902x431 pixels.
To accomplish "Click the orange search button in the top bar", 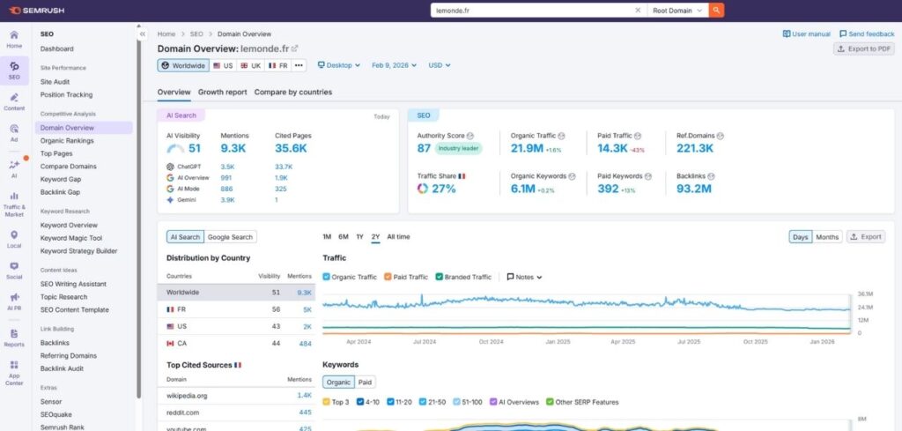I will click(x=717, y=11).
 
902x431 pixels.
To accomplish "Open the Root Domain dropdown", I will click(x=678, y=11).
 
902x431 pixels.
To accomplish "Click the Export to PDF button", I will click(x=864, y=48).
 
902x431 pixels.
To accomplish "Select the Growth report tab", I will click(x=222, y=92).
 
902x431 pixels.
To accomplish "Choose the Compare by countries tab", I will click(x=292, y=92).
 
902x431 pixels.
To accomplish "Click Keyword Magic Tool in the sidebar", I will click(x=71, y=238).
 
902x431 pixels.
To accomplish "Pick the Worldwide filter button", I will click(x=183, y=65).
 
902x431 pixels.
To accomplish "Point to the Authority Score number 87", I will click(x=424, y=149).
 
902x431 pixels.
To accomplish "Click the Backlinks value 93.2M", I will click(x=694, y=189).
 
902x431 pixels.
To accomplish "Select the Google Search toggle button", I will click(x=230, y=237).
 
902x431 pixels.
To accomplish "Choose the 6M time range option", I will click(x=343, y=237).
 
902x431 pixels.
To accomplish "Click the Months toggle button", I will click(x=827, y=237).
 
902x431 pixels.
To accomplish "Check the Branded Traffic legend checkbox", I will click(x=440, y=277).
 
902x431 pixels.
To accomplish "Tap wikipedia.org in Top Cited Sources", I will click(x=187, y=396).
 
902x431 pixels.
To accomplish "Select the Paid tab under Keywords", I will click(x=365, y=383).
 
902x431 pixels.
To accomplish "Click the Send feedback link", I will click(x=867, y=33).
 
